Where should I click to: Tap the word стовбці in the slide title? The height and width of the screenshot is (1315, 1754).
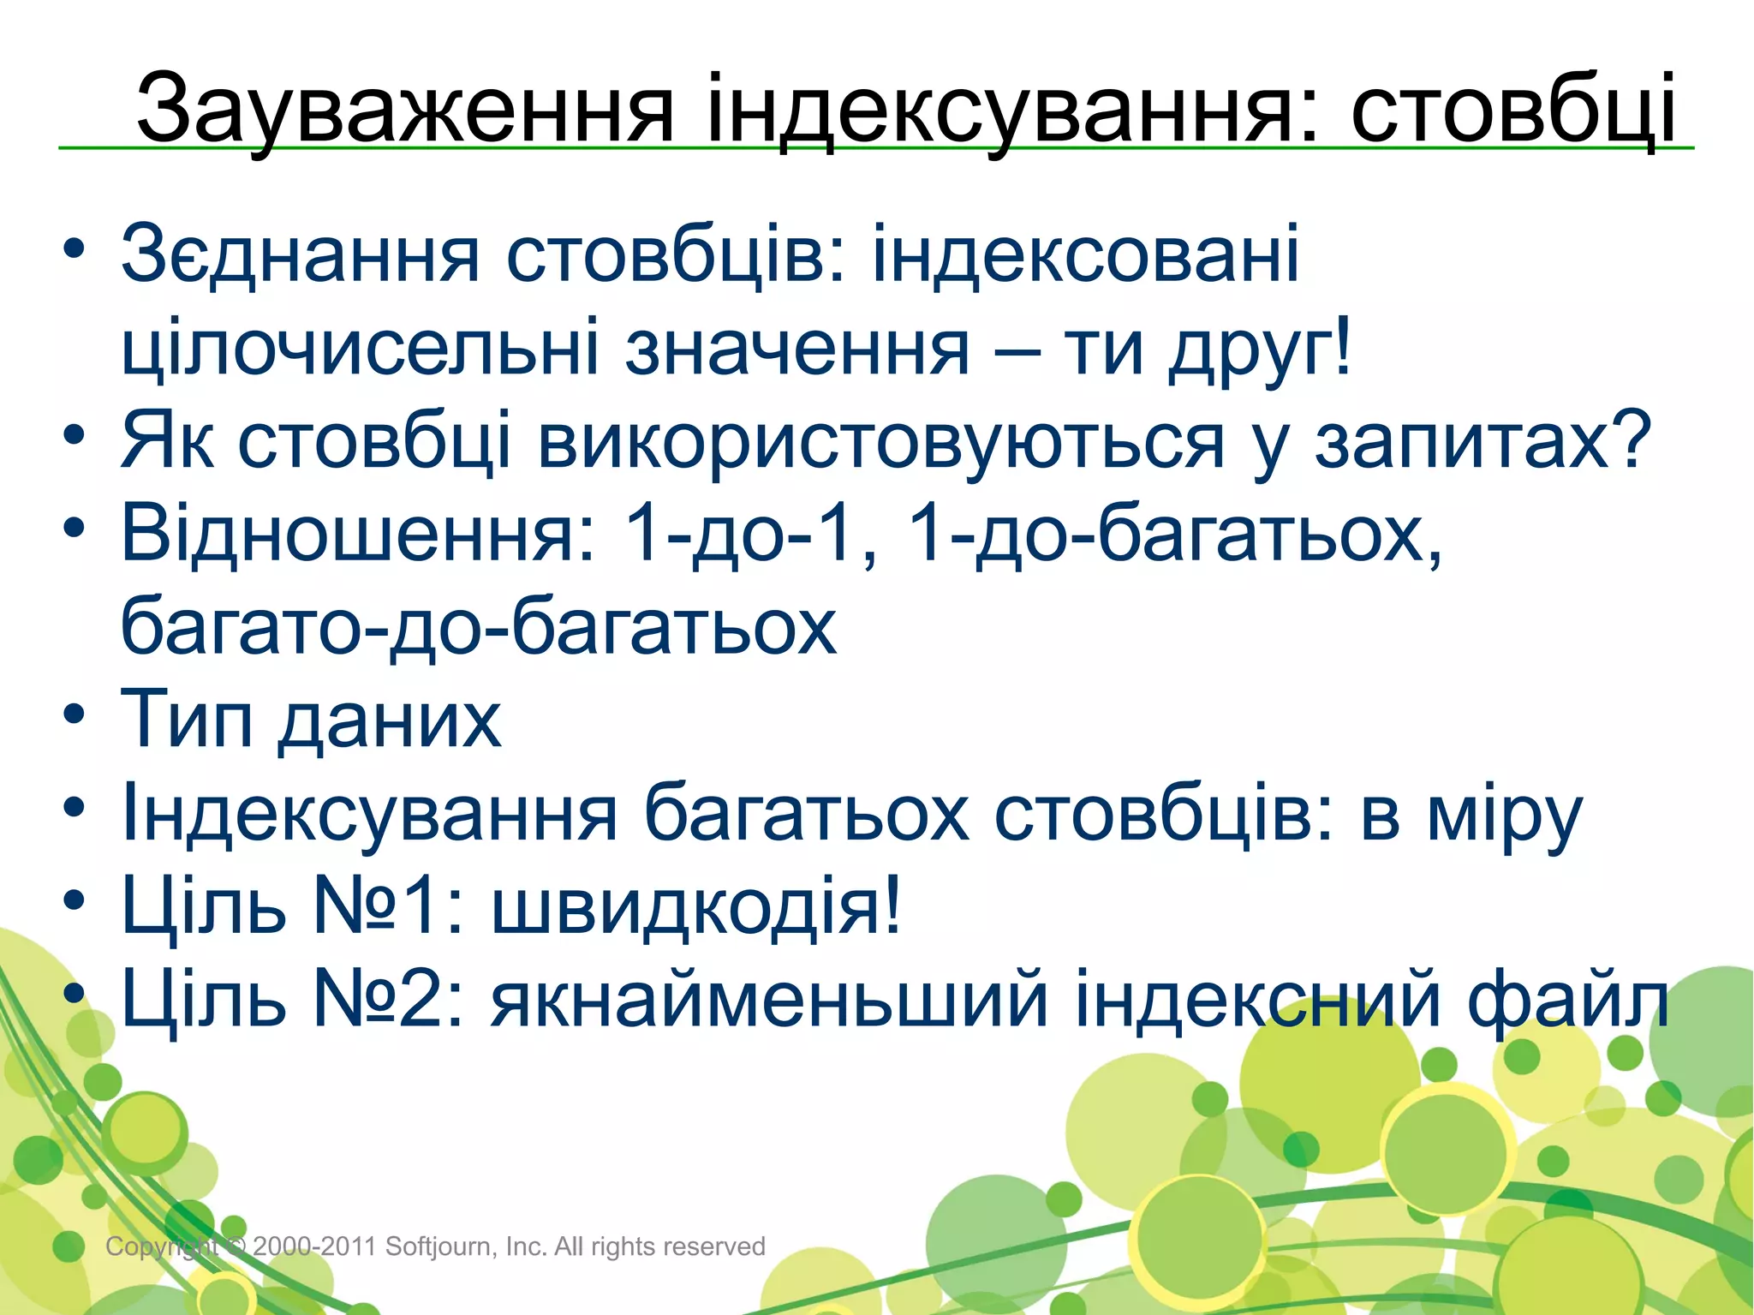(1512, 110)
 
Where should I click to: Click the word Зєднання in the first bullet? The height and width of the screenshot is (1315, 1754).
(300, 254)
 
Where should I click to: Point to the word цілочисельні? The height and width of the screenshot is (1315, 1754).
(360, 349)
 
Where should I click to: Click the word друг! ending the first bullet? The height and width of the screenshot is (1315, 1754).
(1260, 349)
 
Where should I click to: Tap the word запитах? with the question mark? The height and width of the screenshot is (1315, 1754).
(1483, 442)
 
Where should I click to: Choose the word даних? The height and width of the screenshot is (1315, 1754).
(390, 720)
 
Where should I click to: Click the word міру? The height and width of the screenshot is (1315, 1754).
(1504, 813)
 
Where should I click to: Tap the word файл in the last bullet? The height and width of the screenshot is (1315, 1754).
(1567, 999)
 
